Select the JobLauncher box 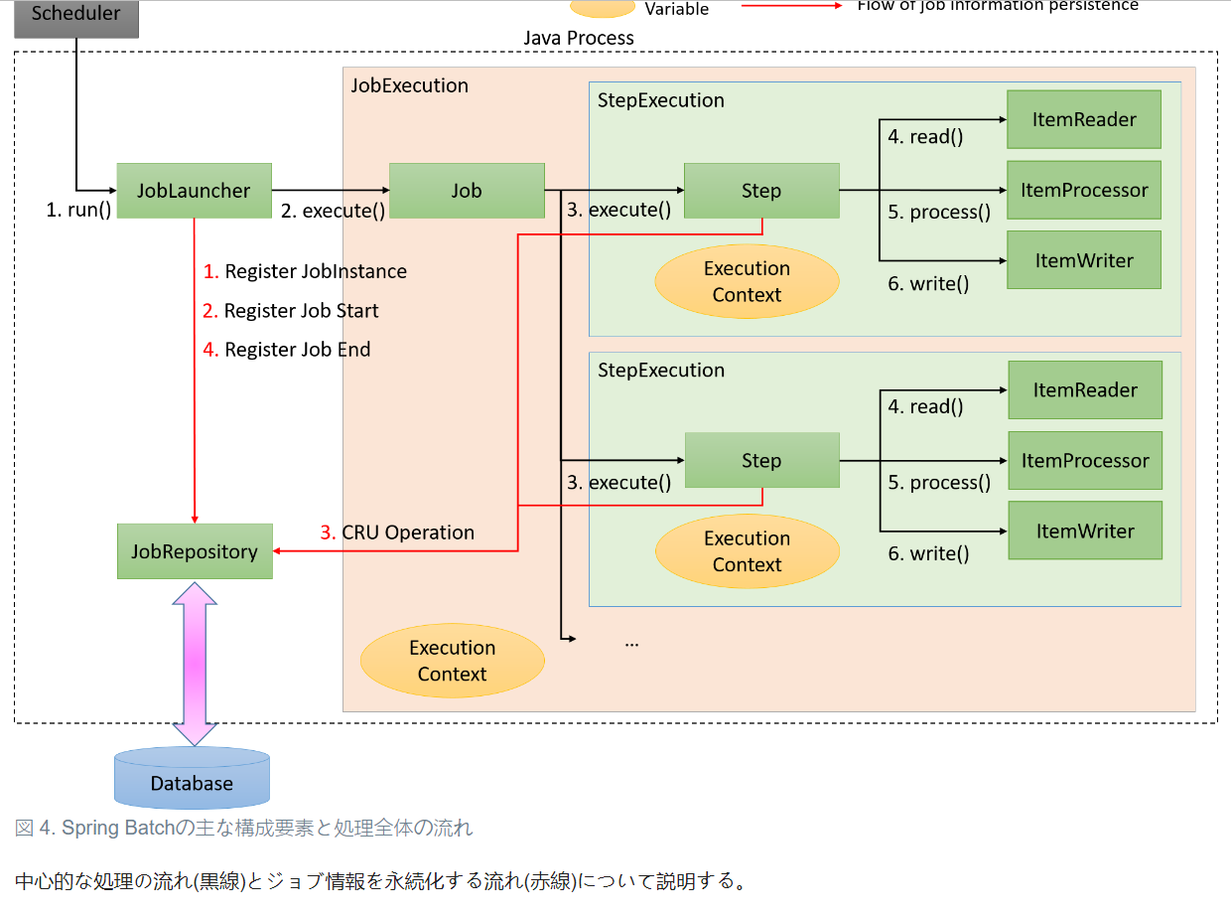pos(194,191)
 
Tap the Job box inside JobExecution pos(467,191)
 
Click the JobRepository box pos(195,551)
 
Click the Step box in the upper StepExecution pos(761,191)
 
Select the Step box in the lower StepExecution pos(761,461)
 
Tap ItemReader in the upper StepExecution pos(1084,119)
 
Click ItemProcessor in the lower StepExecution pos(1085,461)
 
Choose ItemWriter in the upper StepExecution pos(1084,260)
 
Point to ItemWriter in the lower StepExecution pos(1085,531)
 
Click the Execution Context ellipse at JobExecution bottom pos(452,661)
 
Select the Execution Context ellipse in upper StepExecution pos(747,281)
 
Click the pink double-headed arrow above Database pos(195,664)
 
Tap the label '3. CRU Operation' pos(397,533)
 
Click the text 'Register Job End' pos(297,350)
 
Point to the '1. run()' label pos(79,211)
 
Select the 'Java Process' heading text pos(579,38)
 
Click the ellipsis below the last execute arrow pos(631,643)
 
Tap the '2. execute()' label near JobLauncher pos(333,211)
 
